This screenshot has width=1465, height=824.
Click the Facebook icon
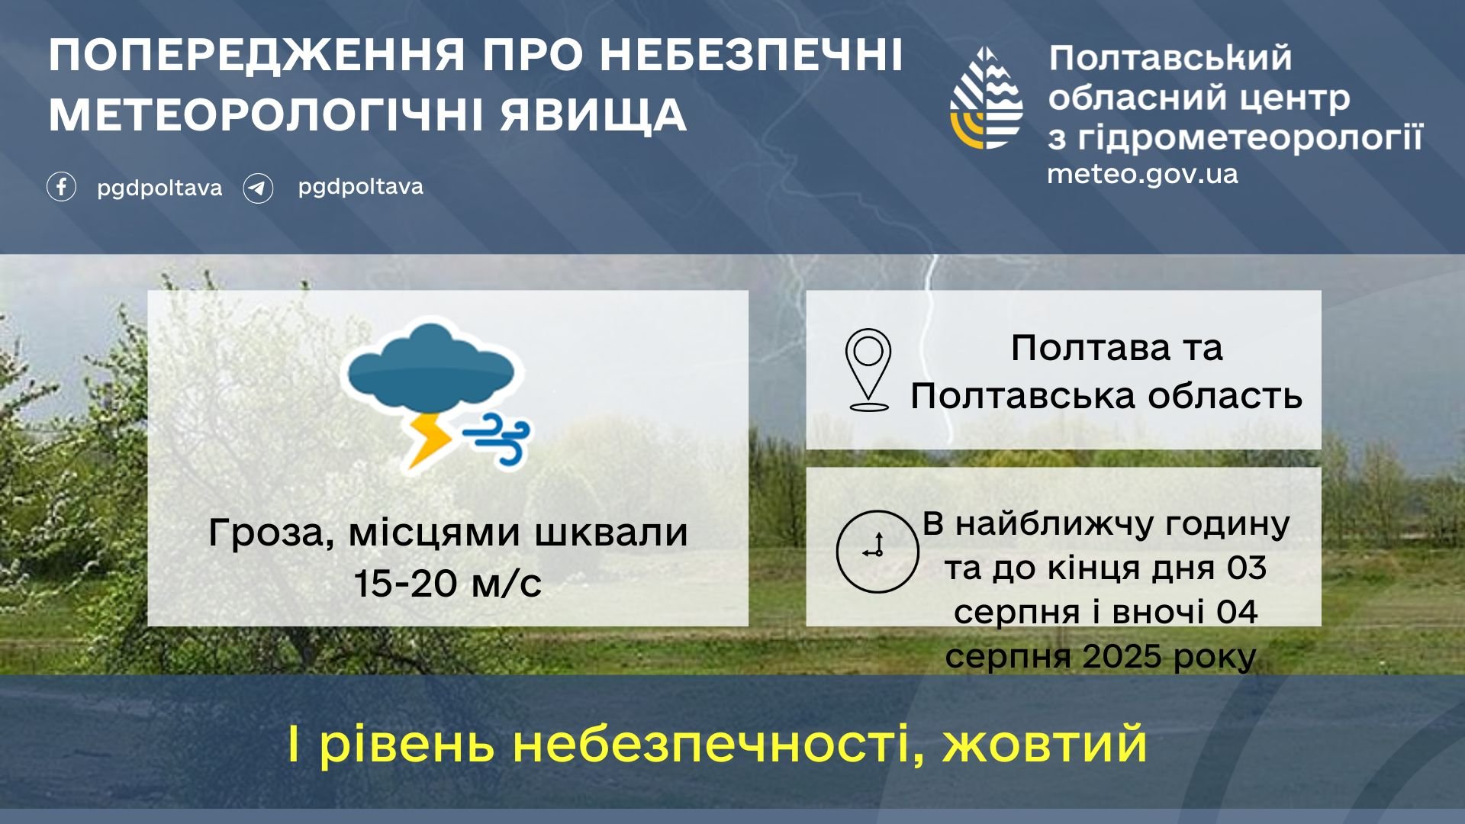61,187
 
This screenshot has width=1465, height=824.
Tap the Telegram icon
258,188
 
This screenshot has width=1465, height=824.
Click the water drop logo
986,98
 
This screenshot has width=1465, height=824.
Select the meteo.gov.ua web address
1142,174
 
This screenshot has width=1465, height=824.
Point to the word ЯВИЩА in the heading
594,116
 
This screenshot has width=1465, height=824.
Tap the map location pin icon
868,370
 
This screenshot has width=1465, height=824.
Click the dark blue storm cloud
431,370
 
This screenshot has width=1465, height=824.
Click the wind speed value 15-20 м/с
448,584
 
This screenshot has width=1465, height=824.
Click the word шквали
611,532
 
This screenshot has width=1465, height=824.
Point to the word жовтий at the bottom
1045,744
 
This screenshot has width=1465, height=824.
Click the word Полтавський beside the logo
1170,58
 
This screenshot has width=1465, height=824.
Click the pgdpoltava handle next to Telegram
360,188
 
